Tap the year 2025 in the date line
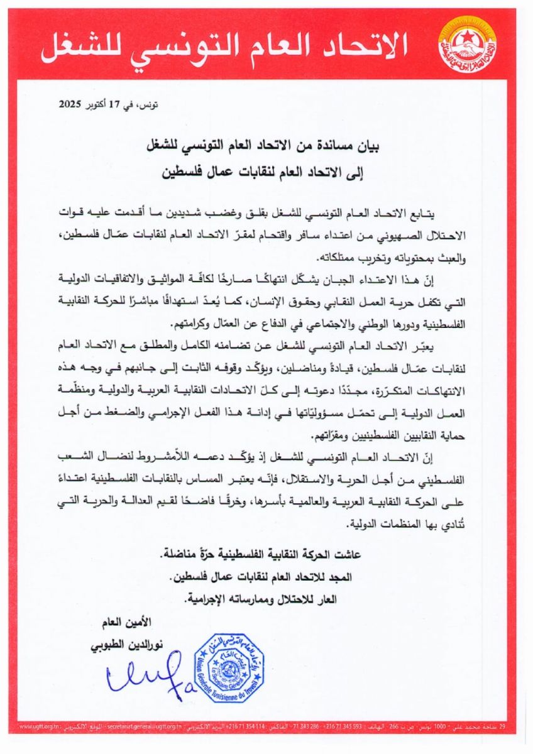pos(72,105)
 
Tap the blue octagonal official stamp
pos(228,668)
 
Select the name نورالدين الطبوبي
pos(119,645)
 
